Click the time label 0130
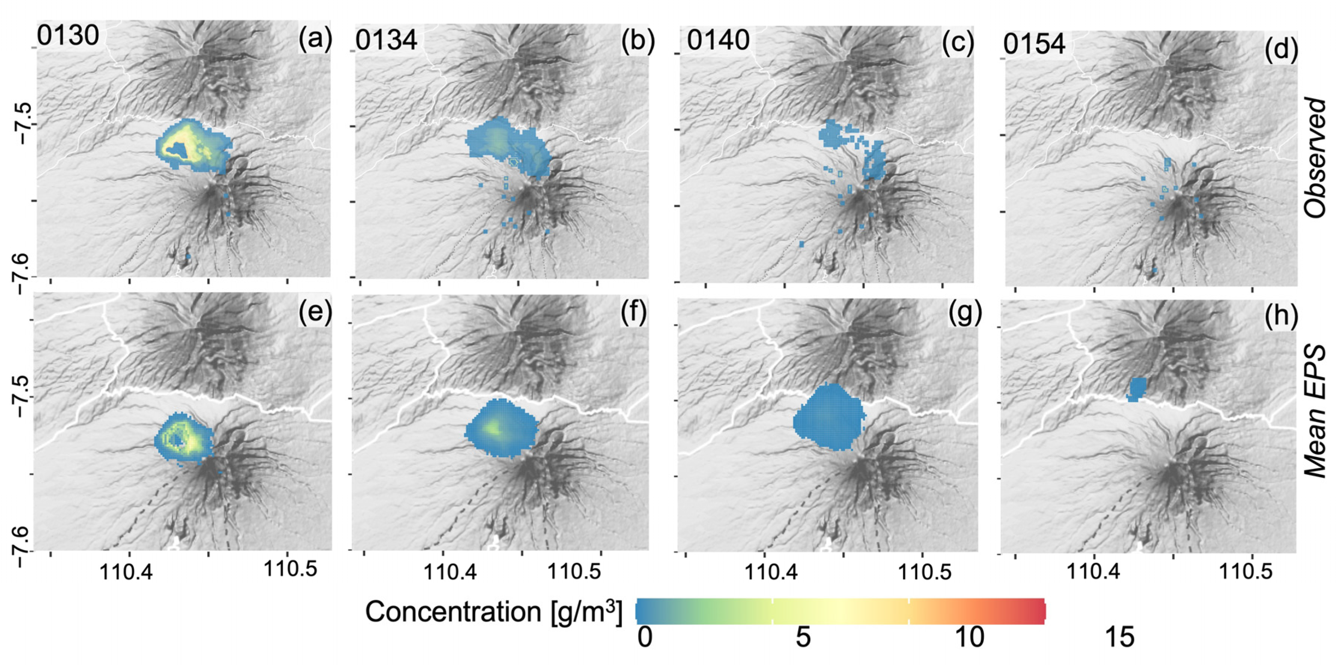pyautogui.click(x=68, y=36)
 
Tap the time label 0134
pyautogui.click(x=386, y=40)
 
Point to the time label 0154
pyautogui.click(x=1034, y=44)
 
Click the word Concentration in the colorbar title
pyautogui.click(x=452, y=611)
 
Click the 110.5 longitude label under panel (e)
pyautogui.click(x=290, y=569)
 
